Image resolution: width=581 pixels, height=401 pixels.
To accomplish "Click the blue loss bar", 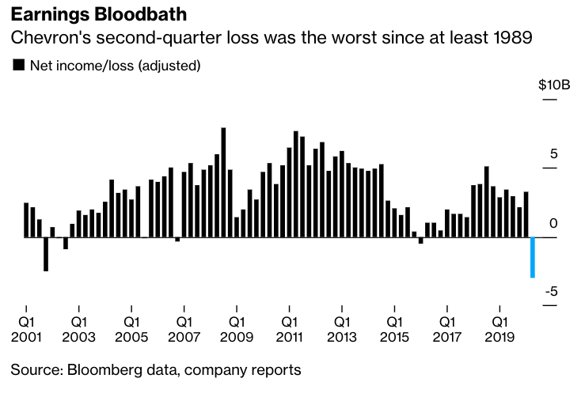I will (533, 257).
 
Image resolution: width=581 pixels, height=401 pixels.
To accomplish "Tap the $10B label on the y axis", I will (553, 85).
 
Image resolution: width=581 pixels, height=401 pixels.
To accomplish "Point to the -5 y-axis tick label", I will (553, 291).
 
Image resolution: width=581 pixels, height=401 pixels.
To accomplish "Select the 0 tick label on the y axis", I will (554, 224).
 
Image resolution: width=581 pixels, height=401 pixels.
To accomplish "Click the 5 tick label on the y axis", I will (554, 153).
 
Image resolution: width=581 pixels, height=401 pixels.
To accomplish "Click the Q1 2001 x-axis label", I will (26, 329).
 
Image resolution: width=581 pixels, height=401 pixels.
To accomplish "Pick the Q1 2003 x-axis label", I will (78, 329).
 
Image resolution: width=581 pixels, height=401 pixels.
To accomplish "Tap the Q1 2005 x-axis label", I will (131, 329).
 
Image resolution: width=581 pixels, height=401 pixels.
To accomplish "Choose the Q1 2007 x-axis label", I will (184, 329).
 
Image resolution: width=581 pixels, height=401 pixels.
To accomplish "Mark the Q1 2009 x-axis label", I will (237, 329).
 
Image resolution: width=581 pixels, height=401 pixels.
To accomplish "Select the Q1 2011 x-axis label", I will (289, 329).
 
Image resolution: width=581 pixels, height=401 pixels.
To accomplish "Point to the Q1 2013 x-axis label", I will (342, 329).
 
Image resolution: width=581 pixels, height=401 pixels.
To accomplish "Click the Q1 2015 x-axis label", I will (394, 329).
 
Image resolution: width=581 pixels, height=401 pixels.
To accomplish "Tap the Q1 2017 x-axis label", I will (447, 329).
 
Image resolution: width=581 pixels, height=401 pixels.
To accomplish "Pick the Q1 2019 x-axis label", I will (499, 329).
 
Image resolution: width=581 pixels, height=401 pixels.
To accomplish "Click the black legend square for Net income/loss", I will (19, 66).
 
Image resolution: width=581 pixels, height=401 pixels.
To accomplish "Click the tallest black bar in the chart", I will (223, 182).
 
